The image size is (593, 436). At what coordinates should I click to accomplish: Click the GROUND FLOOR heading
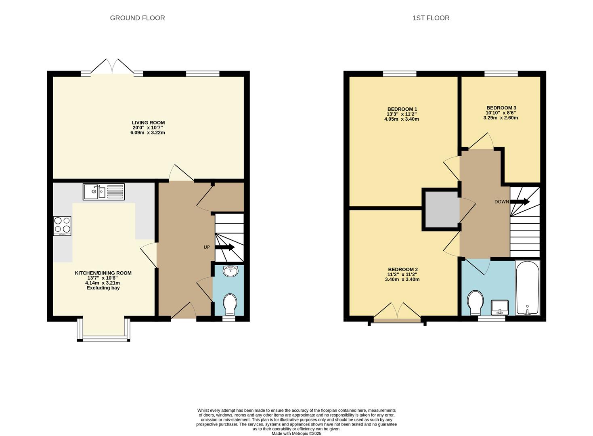pos(137,18)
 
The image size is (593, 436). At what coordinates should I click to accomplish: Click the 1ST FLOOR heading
pos(431,18)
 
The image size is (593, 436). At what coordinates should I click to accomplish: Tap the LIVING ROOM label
pos(148,123)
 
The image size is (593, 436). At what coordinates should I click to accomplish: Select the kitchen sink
pos(104,192)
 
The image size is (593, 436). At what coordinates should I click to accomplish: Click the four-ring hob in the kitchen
pos(62,226)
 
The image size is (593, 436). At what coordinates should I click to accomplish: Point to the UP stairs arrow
pos(224,247)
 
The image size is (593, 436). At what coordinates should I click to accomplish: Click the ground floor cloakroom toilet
pos(230,304)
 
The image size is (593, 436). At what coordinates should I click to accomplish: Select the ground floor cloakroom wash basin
pos(230,271)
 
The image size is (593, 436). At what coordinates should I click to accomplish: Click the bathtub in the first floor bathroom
pos(527,287)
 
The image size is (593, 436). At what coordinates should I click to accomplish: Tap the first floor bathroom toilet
pos(475,302)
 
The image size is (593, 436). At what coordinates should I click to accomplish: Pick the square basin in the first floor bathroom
pos(499,307)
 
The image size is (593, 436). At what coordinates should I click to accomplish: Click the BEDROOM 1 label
pos(402,109)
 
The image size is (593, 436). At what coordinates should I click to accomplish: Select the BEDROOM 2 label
pos(402,270)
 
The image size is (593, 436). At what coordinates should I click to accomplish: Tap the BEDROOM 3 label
pos(501,108)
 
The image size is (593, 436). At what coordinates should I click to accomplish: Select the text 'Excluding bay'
pos(103,288)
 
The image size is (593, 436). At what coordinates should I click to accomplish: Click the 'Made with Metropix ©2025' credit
pos(296,434)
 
